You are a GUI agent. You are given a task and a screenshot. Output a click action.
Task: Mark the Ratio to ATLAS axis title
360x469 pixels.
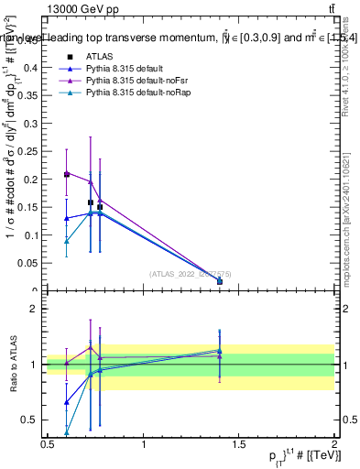click(x=13, y=364)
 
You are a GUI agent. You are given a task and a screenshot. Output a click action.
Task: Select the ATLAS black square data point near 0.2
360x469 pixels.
click(x=66, y=174)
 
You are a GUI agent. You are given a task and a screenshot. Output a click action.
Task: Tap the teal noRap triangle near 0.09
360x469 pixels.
click(x=66, y=241)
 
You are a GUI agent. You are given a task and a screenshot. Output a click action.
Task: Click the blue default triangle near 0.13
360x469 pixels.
click(x=66, y=218)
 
